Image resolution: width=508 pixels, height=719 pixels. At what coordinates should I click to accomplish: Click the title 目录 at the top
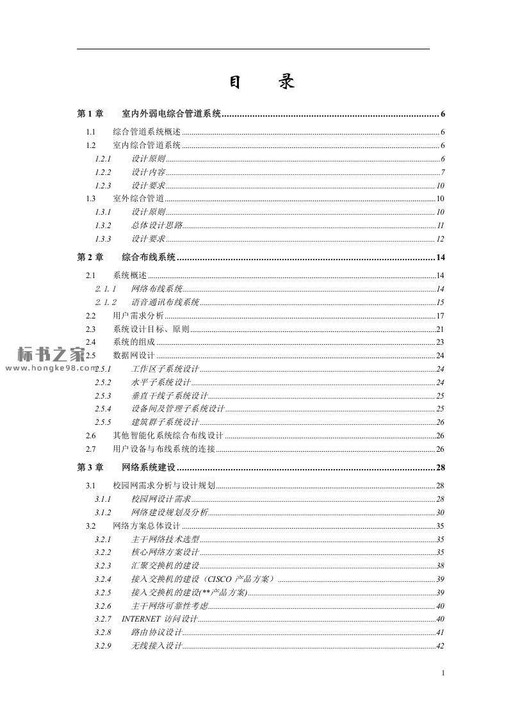(261, 83)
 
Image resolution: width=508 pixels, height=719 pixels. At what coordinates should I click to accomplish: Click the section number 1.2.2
(102, 172)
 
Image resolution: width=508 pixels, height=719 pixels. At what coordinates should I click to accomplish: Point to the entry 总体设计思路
(157, 226)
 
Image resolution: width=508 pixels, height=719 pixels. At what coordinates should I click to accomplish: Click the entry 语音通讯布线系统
(165, 302)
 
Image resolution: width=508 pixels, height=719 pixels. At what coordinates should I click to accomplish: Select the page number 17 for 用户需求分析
(440, 316)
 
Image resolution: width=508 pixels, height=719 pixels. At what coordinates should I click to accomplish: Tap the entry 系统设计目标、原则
(151, 329)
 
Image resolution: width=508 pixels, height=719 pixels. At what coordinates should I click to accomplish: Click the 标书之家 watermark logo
(51, 354)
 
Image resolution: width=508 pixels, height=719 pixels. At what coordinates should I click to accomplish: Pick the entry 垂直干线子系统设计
(170, 396)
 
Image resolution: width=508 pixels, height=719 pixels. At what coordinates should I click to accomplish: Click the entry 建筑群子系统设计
(165, 422)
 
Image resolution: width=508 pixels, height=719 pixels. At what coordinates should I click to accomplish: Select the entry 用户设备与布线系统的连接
(164, 449)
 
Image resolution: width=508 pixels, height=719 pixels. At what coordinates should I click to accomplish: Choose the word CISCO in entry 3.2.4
(220, 579)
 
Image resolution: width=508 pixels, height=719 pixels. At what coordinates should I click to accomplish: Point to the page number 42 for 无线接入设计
(440, 646)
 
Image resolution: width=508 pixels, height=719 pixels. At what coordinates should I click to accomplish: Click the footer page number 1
(443, 673)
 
